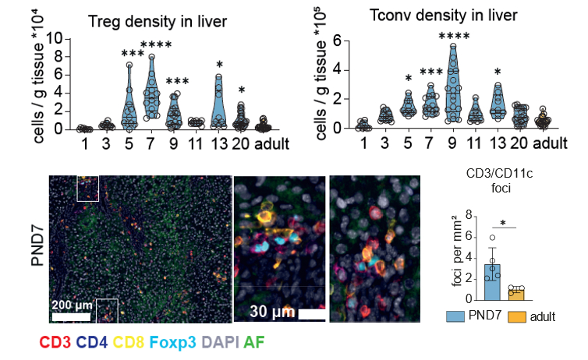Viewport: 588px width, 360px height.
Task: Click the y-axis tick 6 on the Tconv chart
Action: (339, 41)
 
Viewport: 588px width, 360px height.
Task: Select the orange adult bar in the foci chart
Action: (515, 293)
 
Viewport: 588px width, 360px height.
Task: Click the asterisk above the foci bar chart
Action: (503, 224)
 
